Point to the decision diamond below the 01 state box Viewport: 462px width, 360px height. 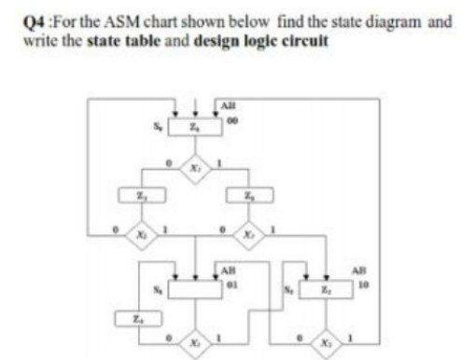click(x=195, y=332)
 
